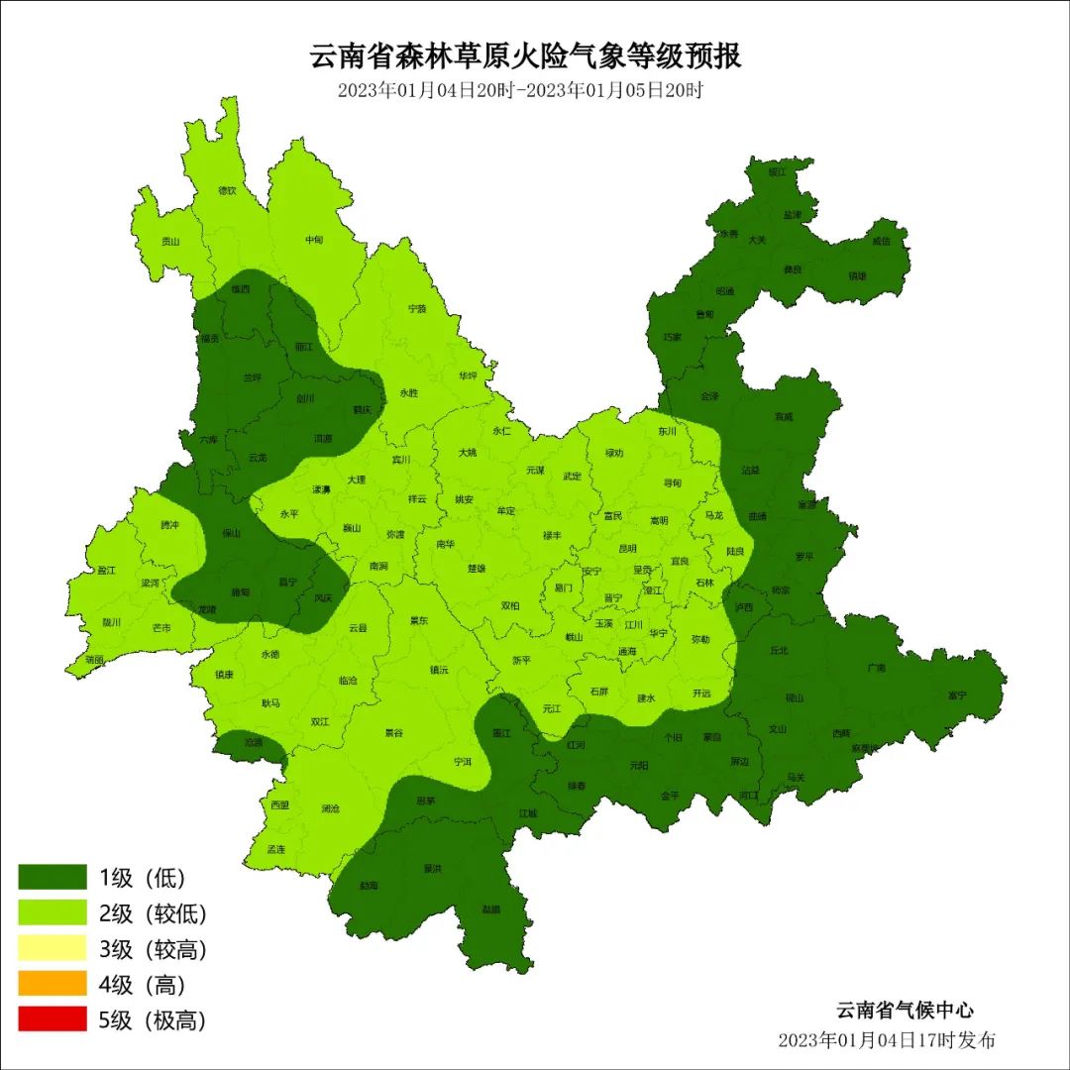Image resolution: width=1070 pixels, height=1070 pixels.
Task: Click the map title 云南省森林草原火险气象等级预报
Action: (x=526, y=55)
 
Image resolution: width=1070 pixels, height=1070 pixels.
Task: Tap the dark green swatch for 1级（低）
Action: (x=53, y=877)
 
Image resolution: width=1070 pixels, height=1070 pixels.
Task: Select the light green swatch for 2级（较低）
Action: (x=53, y=912)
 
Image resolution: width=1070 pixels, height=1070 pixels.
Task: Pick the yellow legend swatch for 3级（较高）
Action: (x=53, y=948)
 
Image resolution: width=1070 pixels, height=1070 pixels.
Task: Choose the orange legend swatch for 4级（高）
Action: (x=53, y=984)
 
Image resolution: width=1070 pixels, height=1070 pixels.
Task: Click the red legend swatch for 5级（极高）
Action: (x=53, y=1019)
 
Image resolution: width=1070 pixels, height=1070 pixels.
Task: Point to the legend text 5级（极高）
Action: (x=153, y=1019)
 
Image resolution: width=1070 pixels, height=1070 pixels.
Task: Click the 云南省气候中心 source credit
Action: (x=905, y=1011)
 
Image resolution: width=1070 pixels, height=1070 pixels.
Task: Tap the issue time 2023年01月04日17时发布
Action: (x=887, y=1040)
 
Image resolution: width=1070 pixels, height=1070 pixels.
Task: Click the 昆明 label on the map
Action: (x=628, y=548)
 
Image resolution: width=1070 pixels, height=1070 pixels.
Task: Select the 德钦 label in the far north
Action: (x=227, y=190)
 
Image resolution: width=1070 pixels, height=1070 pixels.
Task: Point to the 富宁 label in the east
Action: (x=956, y=695)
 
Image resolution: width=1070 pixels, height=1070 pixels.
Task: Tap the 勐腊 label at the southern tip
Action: (x=490, y=909)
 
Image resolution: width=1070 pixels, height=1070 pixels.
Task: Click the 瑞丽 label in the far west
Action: (x=95, y=658)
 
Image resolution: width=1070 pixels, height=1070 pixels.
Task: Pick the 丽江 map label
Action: (x=304, y=348)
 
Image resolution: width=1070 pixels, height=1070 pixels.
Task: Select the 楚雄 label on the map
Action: (x=477, y=569)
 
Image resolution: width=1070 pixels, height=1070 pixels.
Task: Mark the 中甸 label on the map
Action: (x=314, y=240)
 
